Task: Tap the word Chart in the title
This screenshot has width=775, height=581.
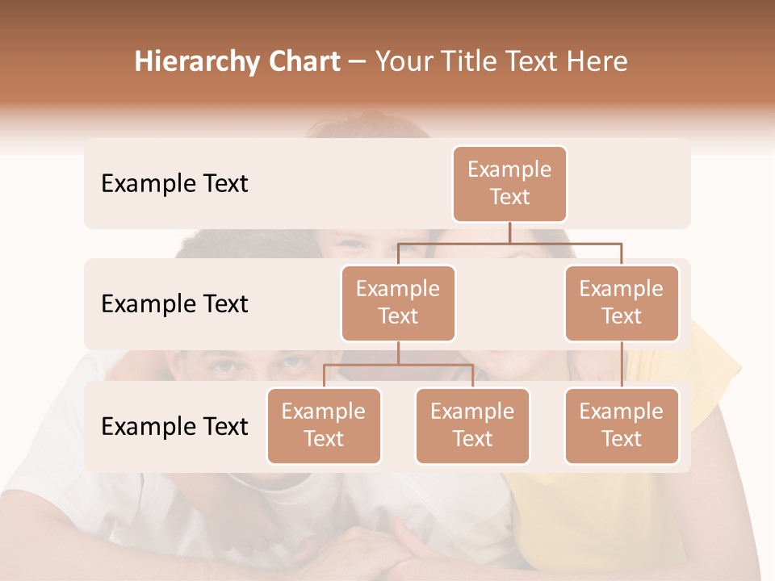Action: coord(302,62)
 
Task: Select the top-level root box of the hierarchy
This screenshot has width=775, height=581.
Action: coord(509,183)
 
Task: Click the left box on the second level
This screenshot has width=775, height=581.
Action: coord(398,303)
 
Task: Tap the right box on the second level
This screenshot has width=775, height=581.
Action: coord(622,303)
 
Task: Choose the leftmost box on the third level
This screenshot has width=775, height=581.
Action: coord(324,425)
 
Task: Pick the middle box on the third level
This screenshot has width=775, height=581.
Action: coord(472,425)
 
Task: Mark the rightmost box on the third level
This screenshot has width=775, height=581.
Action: coord(622,425)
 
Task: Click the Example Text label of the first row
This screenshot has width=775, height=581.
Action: coord(174,184)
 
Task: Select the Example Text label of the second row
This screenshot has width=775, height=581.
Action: coord(174,304)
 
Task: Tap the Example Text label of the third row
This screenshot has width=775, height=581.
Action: coord(174,427)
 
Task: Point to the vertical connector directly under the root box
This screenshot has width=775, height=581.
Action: coord(509,232)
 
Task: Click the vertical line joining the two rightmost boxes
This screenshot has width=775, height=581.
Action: coord(622,364)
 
